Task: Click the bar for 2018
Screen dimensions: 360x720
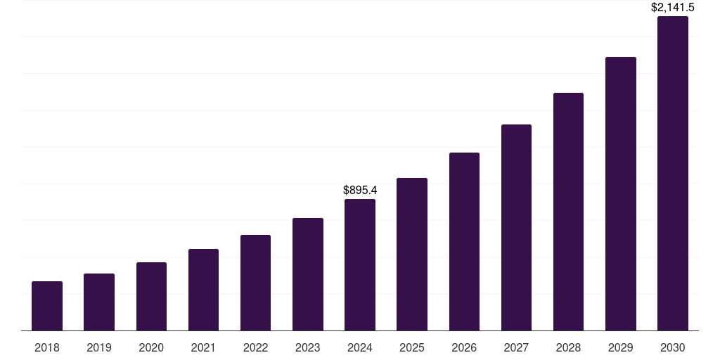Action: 47,306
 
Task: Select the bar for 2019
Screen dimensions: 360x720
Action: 99,302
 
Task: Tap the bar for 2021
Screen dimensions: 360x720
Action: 203,290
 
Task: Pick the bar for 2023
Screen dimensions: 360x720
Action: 308,274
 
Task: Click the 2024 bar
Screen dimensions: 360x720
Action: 360,264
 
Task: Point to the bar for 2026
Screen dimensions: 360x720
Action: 464,241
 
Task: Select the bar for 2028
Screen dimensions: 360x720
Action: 568,212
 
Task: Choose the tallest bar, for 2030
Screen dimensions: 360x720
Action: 673,173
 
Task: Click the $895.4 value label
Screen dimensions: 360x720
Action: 360,190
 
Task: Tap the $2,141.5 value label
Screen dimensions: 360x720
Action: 673,8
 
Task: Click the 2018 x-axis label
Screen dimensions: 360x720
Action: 47,347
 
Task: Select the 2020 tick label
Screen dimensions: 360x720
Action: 151,347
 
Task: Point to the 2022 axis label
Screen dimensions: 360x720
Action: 256,347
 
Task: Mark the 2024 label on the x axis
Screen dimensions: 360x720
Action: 360,347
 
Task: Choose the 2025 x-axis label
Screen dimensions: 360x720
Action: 412,347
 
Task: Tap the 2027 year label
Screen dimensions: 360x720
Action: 516,347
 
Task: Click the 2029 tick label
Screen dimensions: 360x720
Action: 621,347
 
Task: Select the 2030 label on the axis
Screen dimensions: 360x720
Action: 673,347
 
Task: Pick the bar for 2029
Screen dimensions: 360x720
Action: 621,193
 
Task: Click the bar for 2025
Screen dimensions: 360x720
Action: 412,254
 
